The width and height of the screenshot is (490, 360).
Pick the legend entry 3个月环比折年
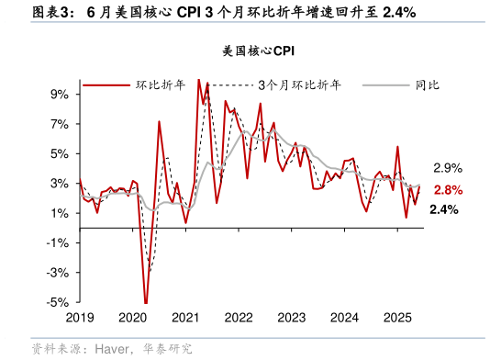click(299, 84)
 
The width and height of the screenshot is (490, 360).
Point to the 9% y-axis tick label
click(60, 94)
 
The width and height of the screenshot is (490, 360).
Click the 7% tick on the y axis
click(60, 124)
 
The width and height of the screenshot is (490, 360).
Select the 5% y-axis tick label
click(60, 153)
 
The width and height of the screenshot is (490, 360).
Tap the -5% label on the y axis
click(58, 302)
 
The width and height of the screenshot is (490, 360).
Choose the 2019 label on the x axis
click(81, 317)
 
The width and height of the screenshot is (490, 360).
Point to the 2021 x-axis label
click(186, 317)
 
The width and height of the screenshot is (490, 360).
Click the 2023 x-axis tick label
click(292, 317)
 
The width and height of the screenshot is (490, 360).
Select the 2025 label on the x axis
click(397, 317)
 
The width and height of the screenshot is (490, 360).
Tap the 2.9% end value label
click(447, 168)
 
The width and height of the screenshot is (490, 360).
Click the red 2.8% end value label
click(447, 190)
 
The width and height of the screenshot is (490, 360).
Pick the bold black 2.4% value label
click(444, 210)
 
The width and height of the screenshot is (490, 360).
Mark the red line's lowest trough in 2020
click(146, 302)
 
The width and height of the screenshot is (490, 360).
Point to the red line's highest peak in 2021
click(199, 80)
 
